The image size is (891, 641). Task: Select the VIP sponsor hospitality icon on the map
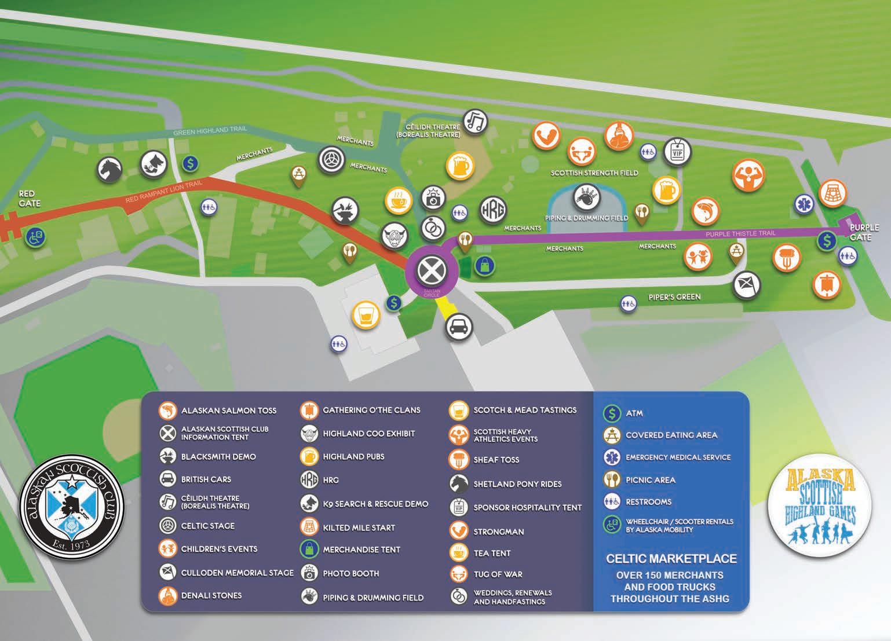tap(677, 152)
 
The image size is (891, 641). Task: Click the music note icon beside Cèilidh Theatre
tap(474, 122)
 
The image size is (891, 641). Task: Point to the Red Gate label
tap(29, 199)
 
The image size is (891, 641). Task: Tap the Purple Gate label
tap(864, 232)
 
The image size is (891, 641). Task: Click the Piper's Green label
tap(674, 297)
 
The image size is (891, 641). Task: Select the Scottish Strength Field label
tap(594, 173)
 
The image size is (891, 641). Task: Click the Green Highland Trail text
tap(210, 131)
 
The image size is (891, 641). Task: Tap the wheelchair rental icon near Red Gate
tap(36, 236)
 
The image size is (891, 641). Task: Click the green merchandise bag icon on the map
tap(484, 266)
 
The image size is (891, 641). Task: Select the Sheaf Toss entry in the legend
tap(496, 460)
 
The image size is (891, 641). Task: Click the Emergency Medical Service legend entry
tap(678, 457)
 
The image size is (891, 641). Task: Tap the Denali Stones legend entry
tap(211, 595)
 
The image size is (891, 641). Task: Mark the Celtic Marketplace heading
tap(671, 559)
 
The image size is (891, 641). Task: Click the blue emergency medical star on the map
tap(804, 203)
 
